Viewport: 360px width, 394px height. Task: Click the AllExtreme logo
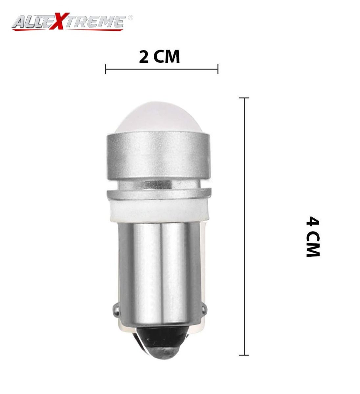pyautogui.click(x=72, y=22)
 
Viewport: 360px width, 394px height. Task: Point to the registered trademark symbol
pyautogui.click(x=130, y=17)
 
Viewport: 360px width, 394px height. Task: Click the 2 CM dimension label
pyautogui.click(x=159, y=57)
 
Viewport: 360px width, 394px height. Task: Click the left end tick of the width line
pyautogui.click(x=105, y=69)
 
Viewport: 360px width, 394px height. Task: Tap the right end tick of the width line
pyautogui.click(x=218, y=69)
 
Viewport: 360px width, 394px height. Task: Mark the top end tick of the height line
pyautogui.click(x=244, y=98)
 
